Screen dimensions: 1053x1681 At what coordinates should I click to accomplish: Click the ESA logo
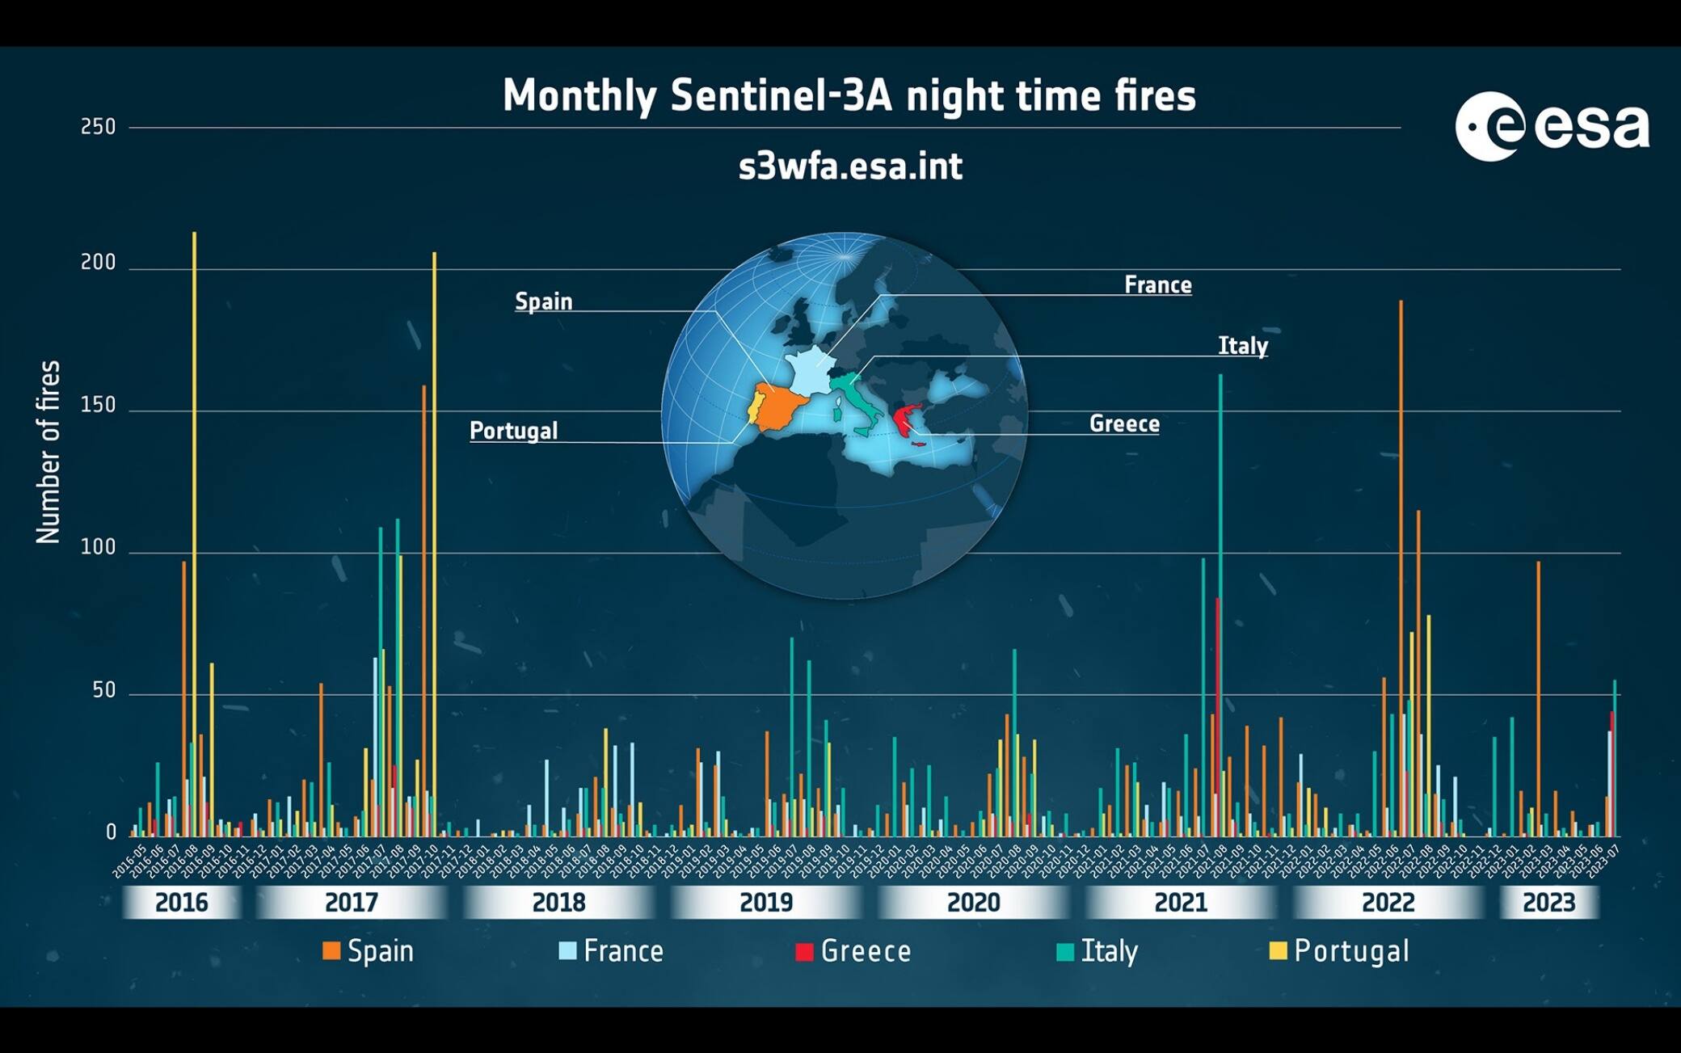point(1552,127)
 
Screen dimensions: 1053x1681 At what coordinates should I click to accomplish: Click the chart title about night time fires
point(849,95)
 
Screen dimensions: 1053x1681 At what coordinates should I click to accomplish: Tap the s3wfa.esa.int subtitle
point(850,166)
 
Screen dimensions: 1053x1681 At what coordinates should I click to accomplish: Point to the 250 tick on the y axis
point(99,127)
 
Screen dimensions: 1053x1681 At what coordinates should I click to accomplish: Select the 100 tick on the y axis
point(99,548)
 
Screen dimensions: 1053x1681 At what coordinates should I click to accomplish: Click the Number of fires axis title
point(48,453)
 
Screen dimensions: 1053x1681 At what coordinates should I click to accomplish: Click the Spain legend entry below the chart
point(369,951)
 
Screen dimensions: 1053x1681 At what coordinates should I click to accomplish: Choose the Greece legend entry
point(853,951)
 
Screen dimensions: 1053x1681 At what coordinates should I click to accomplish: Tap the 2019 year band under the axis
point(766,902)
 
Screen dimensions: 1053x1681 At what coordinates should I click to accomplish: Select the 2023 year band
point(1548,902)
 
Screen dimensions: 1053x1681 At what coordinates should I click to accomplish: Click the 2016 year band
point(181,902)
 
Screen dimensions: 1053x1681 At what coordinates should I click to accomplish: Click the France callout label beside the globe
point(1157,284)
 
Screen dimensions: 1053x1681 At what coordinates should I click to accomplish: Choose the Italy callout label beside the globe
point(1242,346)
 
